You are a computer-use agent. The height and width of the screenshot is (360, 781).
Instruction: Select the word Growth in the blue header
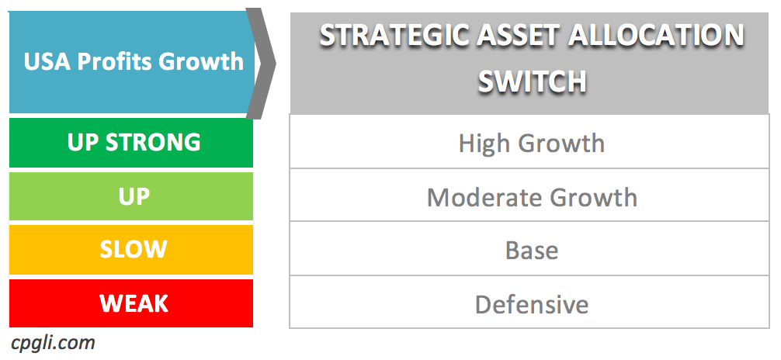pos(201,62)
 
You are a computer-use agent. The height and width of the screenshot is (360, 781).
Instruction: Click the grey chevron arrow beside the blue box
pos(261,64)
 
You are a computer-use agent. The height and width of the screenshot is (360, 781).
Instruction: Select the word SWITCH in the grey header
pos(532,81)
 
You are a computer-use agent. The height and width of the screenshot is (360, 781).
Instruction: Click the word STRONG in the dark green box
pos(153,143)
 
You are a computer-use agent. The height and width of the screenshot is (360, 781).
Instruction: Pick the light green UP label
pos(134,197)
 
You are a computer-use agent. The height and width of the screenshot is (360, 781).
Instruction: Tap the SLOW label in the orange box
pos(134,250)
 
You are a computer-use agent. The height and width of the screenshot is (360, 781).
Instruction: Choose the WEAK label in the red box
pos(134,303)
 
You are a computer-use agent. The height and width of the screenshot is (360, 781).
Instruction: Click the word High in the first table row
pos(484,144)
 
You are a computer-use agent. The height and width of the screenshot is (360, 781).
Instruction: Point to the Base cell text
pos(532,251)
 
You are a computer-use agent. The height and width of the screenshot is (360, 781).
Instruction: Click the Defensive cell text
pos(532,304)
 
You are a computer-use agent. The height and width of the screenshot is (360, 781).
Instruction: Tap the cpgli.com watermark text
pos(53,344)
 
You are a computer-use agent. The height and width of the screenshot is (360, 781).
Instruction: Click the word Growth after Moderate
pos(593,198)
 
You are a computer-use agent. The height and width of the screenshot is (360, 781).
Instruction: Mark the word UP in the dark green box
pos(82,143)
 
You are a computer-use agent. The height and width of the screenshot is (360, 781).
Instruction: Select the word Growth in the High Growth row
pos(561,144)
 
